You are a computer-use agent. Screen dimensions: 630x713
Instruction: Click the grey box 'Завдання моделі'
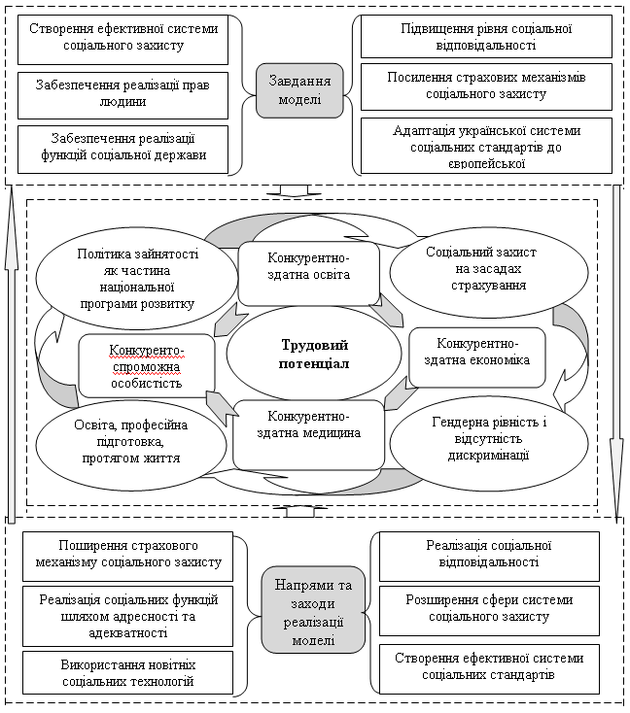[x=299, y=90]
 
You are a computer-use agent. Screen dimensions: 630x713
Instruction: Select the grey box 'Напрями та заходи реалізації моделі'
[x=313, y=609]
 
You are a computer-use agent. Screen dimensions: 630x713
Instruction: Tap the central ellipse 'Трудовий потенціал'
[x=314, y=355]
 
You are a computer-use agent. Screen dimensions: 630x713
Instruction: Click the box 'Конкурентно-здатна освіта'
[x=308, y=273]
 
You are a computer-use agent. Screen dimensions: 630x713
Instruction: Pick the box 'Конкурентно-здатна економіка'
[x=477, y=357]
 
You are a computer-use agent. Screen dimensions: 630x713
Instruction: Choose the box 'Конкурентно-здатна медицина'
[x=308, y=435]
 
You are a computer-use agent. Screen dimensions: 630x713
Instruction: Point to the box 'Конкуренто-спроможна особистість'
[x=147, y=366]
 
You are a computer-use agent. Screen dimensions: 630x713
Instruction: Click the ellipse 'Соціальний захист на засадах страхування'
[x=489, y=272]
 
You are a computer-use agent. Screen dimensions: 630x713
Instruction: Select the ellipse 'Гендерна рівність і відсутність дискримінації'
[x=489, y=443]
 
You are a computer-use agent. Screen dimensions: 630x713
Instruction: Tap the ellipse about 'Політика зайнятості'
[x=137, y=279]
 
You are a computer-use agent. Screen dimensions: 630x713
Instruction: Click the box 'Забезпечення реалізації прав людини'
[x=122, y=95]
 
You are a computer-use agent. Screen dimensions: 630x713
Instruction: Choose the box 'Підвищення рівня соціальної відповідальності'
[x=486, y=36]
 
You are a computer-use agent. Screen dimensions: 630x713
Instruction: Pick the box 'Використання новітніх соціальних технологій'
[x=128, y=672]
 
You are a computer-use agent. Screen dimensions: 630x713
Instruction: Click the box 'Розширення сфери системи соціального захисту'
[x=489, y=611]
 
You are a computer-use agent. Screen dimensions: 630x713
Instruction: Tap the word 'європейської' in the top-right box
[x=487, y=164]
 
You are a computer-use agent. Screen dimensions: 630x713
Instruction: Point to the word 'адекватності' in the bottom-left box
[x=128, y=632]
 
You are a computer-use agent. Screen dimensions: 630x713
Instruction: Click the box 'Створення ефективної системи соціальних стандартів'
[x=489, y=669]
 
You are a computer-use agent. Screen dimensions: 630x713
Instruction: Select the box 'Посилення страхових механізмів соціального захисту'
[x=486, y=86]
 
